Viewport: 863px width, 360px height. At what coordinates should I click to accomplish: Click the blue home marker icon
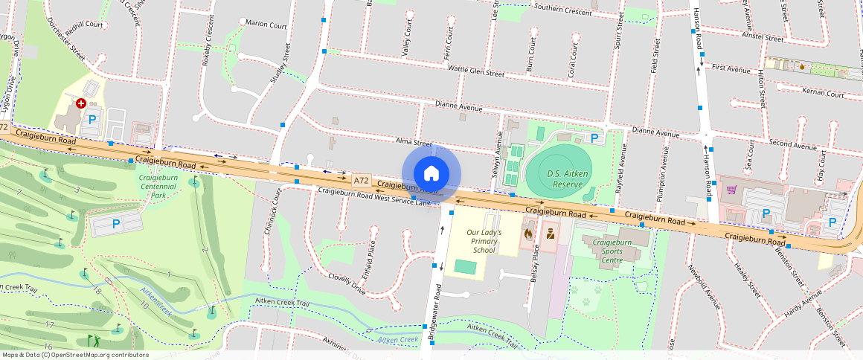[x=431, y=173]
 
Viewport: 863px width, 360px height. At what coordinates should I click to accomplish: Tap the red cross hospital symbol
[x=81, y=104]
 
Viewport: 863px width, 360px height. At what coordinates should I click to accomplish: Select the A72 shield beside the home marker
[x=362, y=180]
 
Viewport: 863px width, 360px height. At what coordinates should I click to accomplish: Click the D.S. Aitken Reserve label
[x=563, y=179]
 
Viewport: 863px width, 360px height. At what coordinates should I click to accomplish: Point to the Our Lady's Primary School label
[x=484, y=241]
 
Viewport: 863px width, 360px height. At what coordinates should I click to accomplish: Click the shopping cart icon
[x=731, y=189]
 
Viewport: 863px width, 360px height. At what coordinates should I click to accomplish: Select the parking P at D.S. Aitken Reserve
[x=594, y=138]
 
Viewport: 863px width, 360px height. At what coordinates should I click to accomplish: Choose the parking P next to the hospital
[x=92, y=119]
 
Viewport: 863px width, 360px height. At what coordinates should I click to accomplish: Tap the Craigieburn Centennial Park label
[x=158, y=187]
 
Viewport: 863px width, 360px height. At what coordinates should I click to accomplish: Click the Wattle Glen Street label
[x=475, y=72]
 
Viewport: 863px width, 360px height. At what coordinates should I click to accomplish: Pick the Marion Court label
[x=266, y=25]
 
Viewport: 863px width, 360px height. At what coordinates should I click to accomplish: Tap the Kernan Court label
[x=823, y=94]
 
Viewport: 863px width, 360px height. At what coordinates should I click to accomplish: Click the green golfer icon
[x=94, y=341]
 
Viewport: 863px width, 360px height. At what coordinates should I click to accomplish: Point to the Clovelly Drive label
[x=347, y=283]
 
